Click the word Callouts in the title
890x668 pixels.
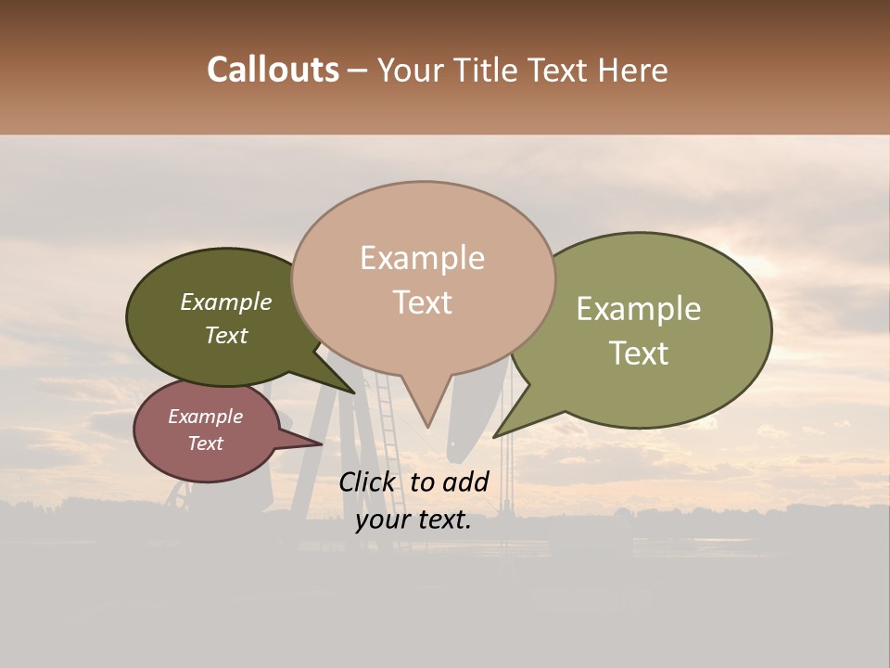pyautogui.click(x=273, y=71)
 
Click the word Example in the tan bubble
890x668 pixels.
pyautogui.click(x=422, y=258)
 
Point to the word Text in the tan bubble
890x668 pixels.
pyautogui.click(x=422, y=302)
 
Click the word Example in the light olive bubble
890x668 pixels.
pyautogui.click(x=638, y=309)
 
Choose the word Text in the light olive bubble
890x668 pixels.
pyautogui.click(x=638, y=353)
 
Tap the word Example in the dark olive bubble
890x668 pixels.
pyautogui.click(x=225, y=302)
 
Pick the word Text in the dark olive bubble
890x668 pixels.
pyautogui.click(x=225, y=335)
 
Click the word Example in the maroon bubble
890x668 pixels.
pyautogui.click(x=205, y=417)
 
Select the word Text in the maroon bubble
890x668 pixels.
pyautogui.click(x=205, y=443)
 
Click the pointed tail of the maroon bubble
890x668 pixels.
pyautogui.click(x=320, y=443)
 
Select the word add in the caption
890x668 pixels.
pyautogui.click(x=467, y=482)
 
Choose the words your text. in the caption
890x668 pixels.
pyautogui.click(x=413, y=520)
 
